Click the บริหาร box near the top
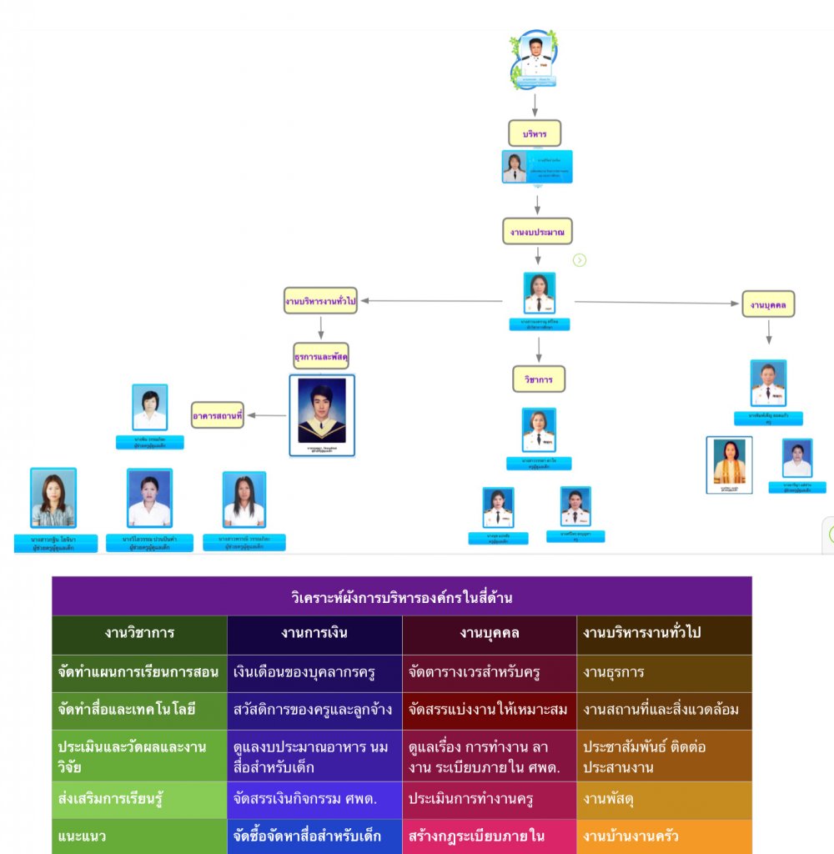point(535,133)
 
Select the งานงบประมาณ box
point(537,231)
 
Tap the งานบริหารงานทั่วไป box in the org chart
point(320,300)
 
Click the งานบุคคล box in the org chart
point(768,304)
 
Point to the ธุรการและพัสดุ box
point(321,356)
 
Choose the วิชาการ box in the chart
point(539,379)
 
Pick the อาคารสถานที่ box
point(218,414)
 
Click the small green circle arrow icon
point(580,260)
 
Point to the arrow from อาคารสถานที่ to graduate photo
point(267,414)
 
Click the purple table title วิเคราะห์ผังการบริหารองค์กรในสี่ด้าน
point(401,597)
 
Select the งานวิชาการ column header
point(139,633)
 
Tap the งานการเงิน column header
point(314,633)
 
